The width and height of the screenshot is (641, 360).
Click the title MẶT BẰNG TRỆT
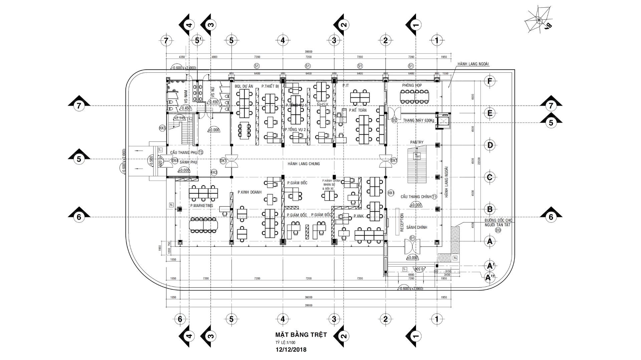click(x=301, y=334)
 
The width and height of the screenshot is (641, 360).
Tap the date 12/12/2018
click(x=291, y=350)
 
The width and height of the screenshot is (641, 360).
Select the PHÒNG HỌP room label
click(x=412, y=85)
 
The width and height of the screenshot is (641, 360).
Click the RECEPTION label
click(x=402, y=222)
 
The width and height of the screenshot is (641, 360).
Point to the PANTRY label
click(x=417, y=142)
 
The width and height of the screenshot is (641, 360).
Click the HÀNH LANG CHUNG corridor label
click(x=304, y=164)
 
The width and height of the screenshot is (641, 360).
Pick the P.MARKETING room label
click(x=201, y=206)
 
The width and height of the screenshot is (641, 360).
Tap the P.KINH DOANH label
click(x=249, y=192)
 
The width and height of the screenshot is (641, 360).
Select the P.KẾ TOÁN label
click(x=358, y=110)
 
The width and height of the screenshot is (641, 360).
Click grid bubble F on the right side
click(x=489, y=81)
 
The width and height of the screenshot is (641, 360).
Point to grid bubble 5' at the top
click(x=198, y=41)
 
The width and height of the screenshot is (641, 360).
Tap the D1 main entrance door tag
click(x=412, y=238)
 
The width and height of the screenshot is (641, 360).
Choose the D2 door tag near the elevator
click(x=394, y=120)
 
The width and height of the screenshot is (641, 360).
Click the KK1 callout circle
click(x=391, y=193)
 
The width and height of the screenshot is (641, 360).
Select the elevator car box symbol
click(x=444, y=121)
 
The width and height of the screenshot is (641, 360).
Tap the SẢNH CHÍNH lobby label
click(x=417, y=227)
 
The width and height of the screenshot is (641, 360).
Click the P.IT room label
click(x=346, y=86)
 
